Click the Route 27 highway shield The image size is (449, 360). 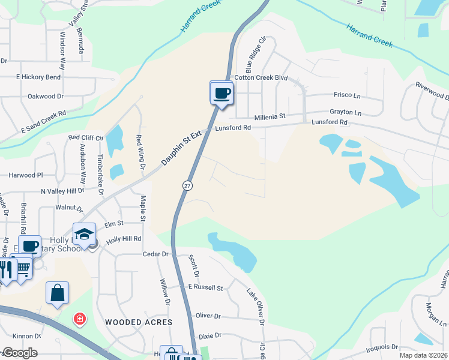[188, 186]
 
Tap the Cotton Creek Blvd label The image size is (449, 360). [261, 78]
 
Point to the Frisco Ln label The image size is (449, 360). [346, 95]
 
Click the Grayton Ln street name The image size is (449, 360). [346, 112]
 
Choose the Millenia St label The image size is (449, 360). [272, 117]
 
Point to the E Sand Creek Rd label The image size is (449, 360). [43, 121]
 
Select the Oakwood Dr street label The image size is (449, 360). [46, 96]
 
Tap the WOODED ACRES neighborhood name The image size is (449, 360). [139, 322]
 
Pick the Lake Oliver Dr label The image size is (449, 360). [255, 306]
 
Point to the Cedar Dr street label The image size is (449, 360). [155, 254]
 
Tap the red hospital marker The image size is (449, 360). [79, 319]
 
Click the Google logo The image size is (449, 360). [20, 353]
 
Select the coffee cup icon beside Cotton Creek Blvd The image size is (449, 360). [221, 93]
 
